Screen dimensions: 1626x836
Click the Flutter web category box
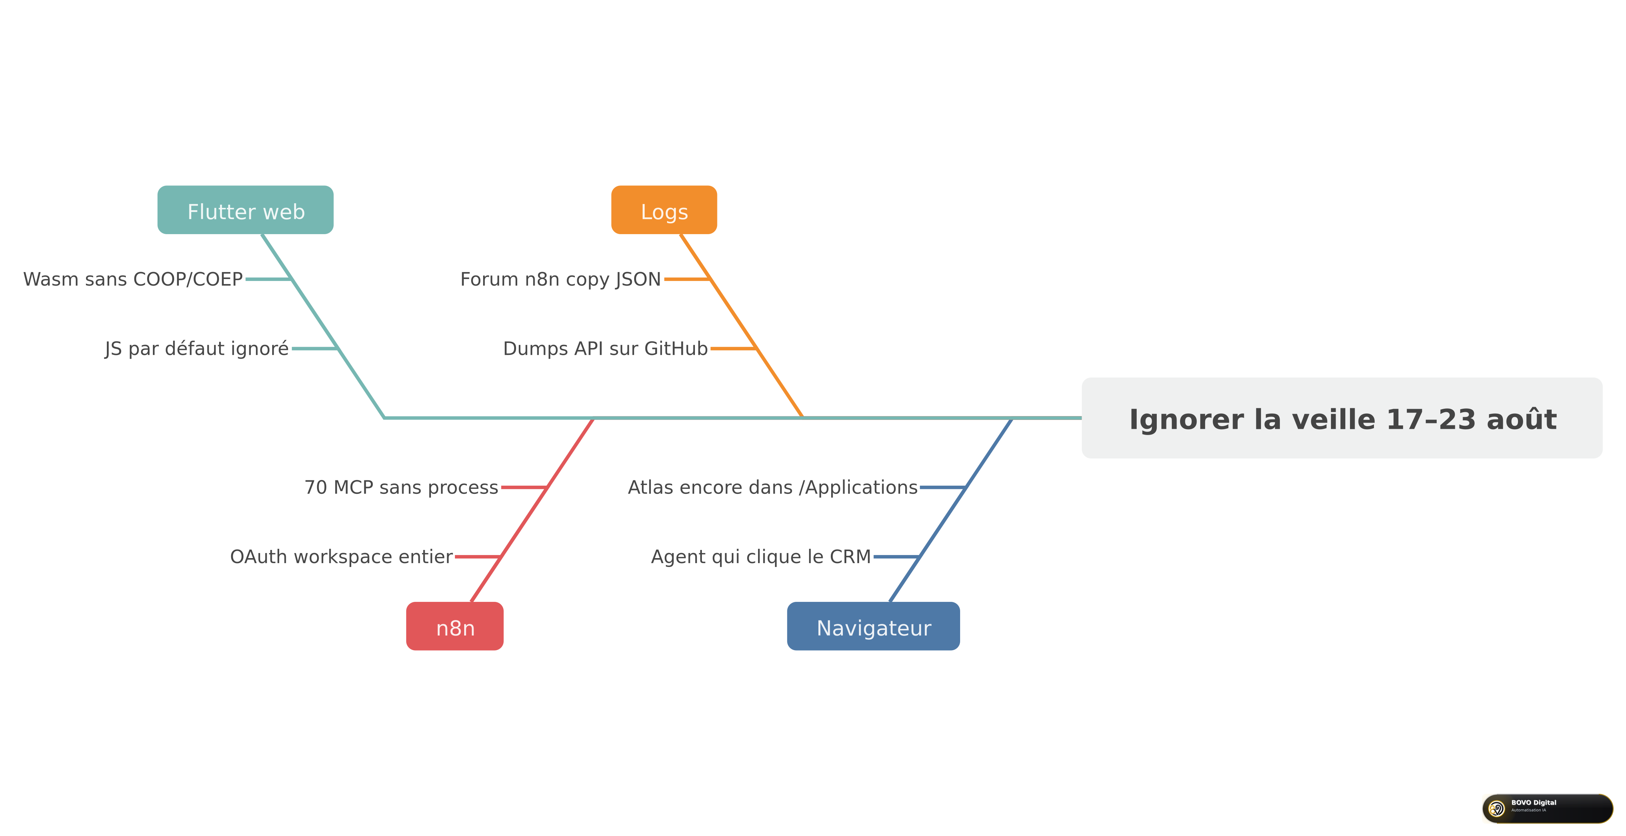(x=245, y=210)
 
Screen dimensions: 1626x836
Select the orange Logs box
(x=664, y=210)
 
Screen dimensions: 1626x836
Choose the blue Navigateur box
(x=874, y=626)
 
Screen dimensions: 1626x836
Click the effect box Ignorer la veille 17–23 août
(x=1342, y=418)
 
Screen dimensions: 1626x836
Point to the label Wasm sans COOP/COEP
(x=133, y=279)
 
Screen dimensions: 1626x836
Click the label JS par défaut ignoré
(x=197, y=349)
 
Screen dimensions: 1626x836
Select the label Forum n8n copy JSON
(x=561, y=279)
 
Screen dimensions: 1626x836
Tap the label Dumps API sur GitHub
(x=605, y=348)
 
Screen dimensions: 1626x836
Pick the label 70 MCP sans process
(x=401, y=488)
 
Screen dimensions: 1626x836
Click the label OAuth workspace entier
(x=341, y=557)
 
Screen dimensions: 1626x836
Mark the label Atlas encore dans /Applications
(x=773, y=488)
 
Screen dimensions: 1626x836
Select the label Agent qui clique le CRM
(x=761, y=557)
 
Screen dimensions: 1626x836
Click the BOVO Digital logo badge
(x=1547, y=808)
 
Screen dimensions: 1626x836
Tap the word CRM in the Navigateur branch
(x=850, y=557)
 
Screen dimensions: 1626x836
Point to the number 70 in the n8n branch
(x=316, y=488)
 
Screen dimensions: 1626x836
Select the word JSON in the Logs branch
(x=639, y=279)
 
